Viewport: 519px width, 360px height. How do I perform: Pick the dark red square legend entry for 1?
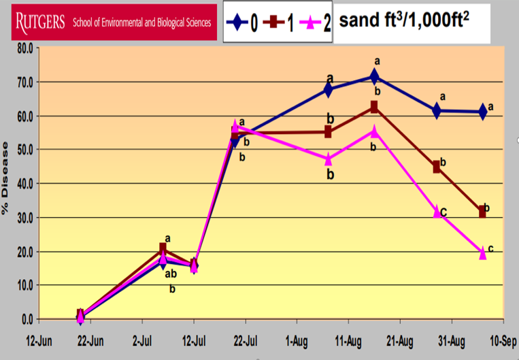(x=278, y=22)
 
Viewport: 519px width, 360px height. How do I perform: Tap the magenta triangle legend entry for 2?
(x=315, y=22)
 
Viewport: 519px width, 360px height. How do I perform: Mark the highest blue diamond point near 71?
(x=374, y=76)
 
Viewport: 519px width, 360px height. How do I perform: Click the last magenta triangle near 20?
(x=483, y=253)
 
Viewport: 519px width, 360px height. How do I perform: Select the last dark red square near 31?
(x=483, y=212)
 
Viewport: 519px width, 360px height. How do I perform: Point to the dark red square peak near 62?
(x=374, y=107)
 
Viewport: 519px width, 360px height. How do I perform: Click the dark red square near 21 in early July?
(x=163, y=248)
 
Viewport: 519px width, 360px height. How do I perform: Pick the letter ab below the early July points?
(x=171, y=274)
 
